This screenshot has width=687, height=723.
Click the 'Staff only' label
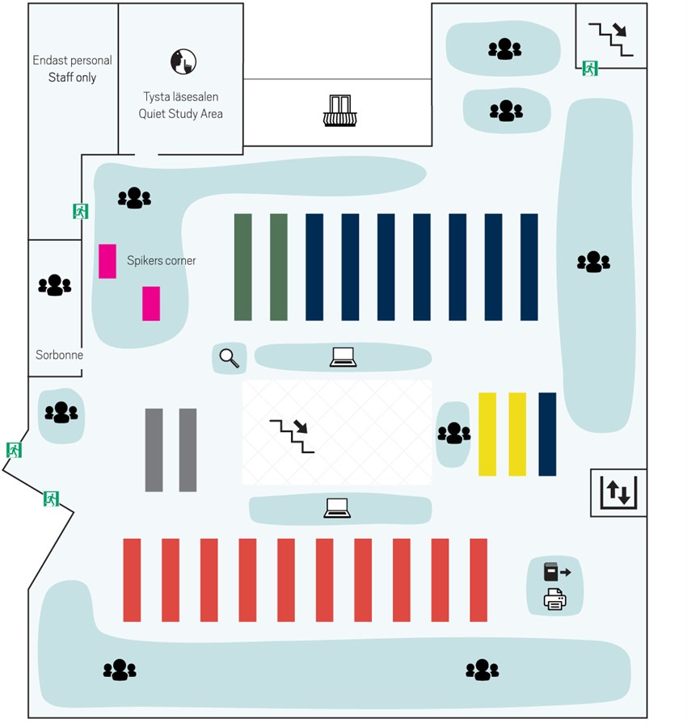[x=72, y=78]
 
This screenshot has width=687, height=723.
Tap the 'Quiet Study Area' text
[x=180, y=114]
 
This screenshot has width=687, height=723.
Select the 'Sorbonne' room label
[x=59, y=355]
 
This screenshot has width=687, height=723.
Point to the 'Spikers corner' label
[x=161, y=260]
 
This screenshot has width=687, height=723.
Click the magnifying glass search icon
[x=230, y=357]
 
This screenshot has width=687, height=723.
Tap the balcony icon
[x=339, y=111]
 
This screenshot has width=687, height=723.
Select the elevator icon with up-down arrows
[x=618, y=491]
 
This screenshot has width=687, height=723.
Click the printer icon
[x=555, y=599]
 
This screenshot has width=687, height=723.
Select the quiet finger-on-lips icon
[x=183, y=61]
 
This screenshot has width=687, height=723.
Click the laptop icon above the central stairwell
[x=343, y=356]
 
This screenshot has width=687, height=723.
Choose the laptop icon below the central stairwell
[x=337, y=508]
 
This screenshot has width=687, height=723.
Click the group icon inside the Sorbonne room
[x=55, y=284]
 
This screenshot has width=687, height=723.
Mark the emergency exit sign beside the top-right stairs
[x=590, y=69]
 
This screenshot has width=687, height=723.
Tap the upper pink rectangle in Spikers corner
[x=107, y=261]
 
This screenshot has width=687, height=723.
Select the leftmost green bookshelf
[x=242, y=267]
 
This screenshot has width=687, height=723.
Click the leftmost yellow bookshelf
[x=487, y=434]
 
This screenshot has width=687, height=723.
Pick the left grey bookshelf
[x=154, y=450]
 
